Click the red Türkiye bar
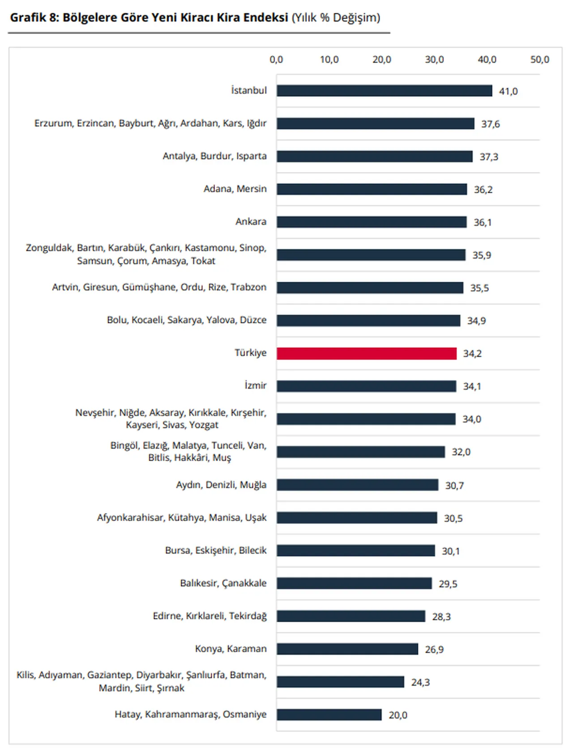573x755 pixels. tap(366, 353)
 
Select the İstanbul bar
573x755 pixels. tap(384, 91)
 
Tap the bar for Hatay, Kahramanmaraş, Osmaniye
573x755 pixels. tap(329, 715)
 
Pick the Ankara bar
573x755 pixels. tap(372, 222)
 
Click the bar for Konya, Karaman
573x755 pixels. tap(347, 649)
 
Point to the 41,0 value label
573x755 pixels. tap(508, 91)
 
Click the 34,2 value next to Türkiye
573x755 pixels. tap(472, 353)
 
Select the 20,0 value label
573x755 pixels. tap(398, 715)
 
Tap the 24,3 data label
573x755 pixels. tap(420, 682)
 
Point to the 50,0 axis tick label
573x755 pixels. tap(539, 59)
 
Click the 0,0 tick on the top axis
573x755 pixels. tap(276, 59)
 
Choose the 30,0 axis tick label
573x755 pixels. tap(434, 59)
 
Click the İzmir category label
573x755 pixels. tap(255, 385)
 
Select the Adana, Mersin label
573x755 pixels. tap(235, 189)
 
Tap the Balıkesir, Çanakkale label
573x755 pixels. tap(223, 583)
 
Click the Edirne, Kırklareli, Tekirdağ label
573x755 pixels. tap(210, 616)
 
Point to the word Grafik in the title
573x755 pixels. tap(28, 18)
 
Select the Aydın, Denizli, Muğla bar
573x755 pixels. tap(357, 485)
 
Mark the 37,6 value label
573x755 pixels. tap(490, 124)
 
